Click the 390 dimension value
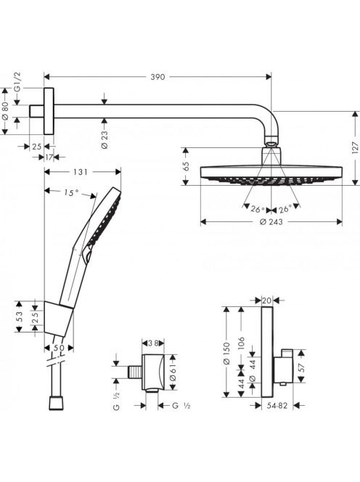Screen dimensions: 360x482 (157, 77)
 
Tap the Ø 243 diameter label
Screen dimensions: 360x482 (271, 221)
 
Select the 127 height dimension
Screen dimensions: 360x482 (356, 147)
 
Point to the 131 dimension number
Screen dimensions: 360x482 (81, 172)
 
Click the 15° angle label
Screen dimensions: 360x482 (71, 193)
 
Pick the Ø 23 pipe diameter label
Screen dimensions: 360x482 (105, 139)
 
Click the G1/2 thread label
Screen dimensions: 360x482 (17, 82)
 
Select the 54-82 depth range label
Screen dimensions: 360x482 (277, 406)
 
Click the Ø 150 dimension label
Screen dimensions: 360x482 (226, 354)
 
